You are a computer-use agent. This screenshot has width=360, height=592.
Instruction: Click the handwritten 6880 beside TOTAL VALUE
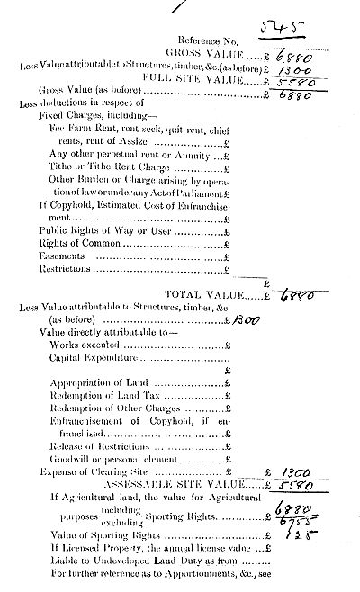tap(296, 293)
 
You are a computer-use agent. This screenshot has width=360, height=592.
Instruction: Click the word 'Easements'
tap(59, 255)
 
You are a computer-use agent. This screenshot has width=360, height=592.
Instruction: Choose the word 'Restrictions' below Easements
tap(65, 268)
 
